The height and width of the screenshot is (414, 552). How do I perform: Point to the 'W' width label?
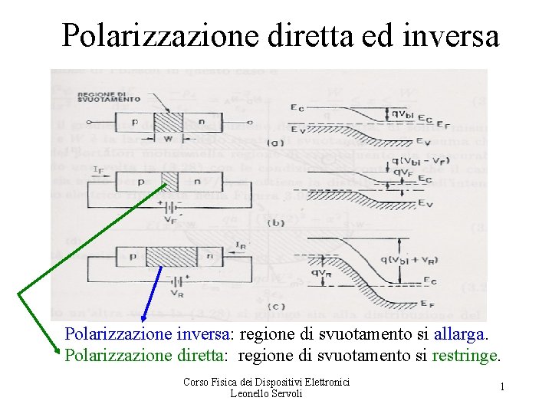168,140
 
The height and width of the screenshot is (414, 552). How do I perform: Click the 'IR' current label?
241,245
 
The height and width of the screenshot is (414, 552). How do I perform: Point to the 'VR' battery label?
177,293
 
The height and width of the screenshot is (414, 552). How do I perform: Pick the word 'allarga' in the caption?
459,335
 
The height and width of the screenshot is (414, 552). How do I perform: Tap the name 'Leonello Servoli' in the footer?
266,393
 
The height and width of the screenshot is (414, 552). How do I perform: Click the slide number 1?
502,387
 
